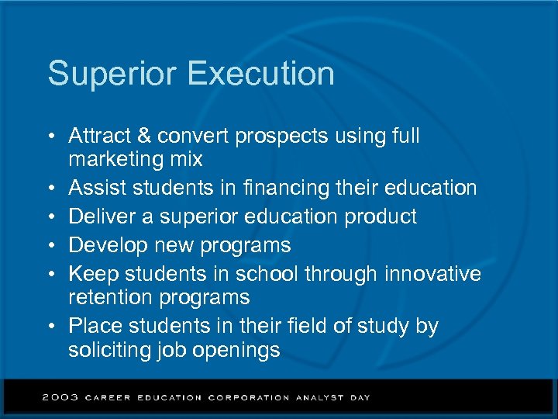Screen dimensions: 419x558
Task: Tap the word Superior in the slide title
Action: click(112, 74)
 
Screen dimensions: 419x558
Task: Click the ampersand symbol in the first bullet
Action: click(145, 136)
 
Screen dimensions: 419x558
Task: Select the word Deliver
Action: click(98, 216)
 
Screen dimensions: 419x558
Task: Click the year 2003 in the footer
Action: click(60, 397)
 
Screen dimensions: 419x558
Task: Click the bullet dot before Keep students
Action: click(50, 275)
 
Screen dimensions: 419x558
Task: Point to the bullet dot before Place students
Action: click(50, 327)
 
